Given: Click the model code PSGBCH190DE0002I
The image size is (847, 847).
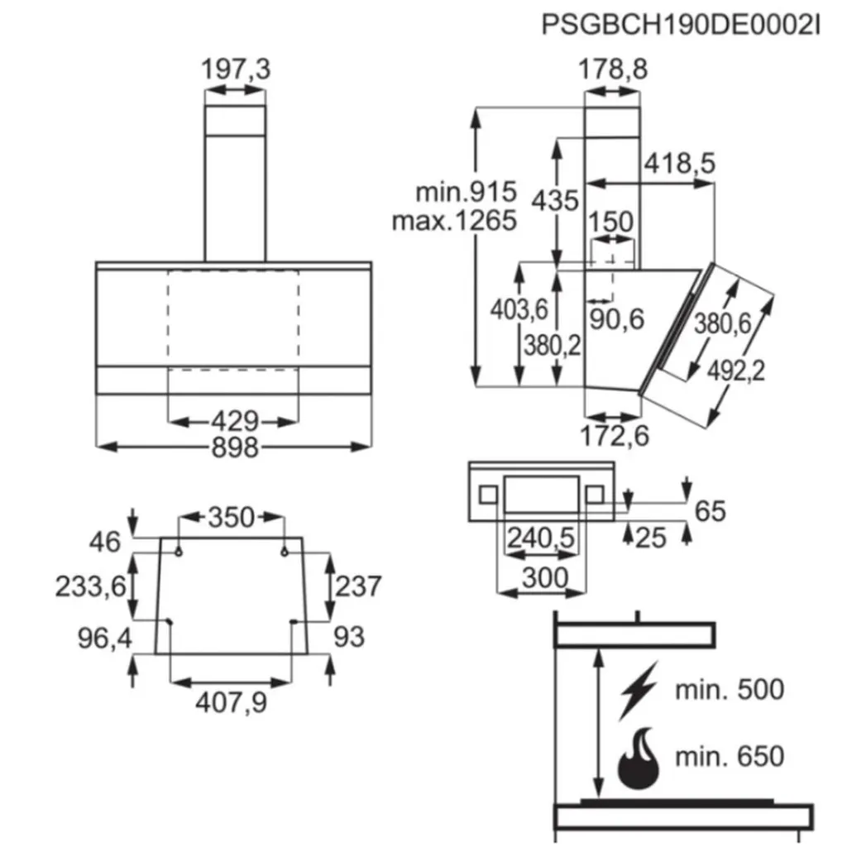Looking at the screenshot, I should click(680, 24).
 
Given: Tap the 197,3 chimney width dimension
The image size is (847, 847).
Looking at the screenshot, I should click(236, 70).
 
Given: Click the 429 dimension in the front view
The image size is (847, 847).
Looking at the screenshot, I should click(234, 421).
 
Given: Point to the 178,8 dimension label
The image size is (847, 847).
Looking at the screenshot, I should click(612, 70).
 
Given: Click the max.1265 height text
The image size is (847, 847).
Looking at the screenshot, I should click(453, 221).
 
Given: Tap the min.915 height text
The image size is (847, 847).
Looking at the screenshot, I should click(465, 193).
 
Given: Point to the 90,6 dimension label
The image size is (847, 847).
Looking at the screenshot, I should click(615, 318).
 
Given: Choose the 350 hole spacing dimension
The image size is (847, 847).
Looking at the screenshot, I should click(231, 518).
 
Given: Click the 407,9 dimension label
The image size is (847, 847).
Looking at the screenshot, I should click(231, 703).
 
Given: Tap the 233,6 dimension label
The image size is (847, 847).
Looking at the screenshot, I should click(91, 586).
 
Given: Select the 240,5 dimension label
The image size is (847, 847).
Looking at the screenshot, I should click(540, 538).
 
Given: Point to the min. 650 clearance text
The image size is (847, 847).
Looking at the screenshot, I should click(728, 756).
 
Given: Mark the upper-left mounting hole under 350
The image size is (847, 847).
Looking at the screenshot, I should click(179, 549).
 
